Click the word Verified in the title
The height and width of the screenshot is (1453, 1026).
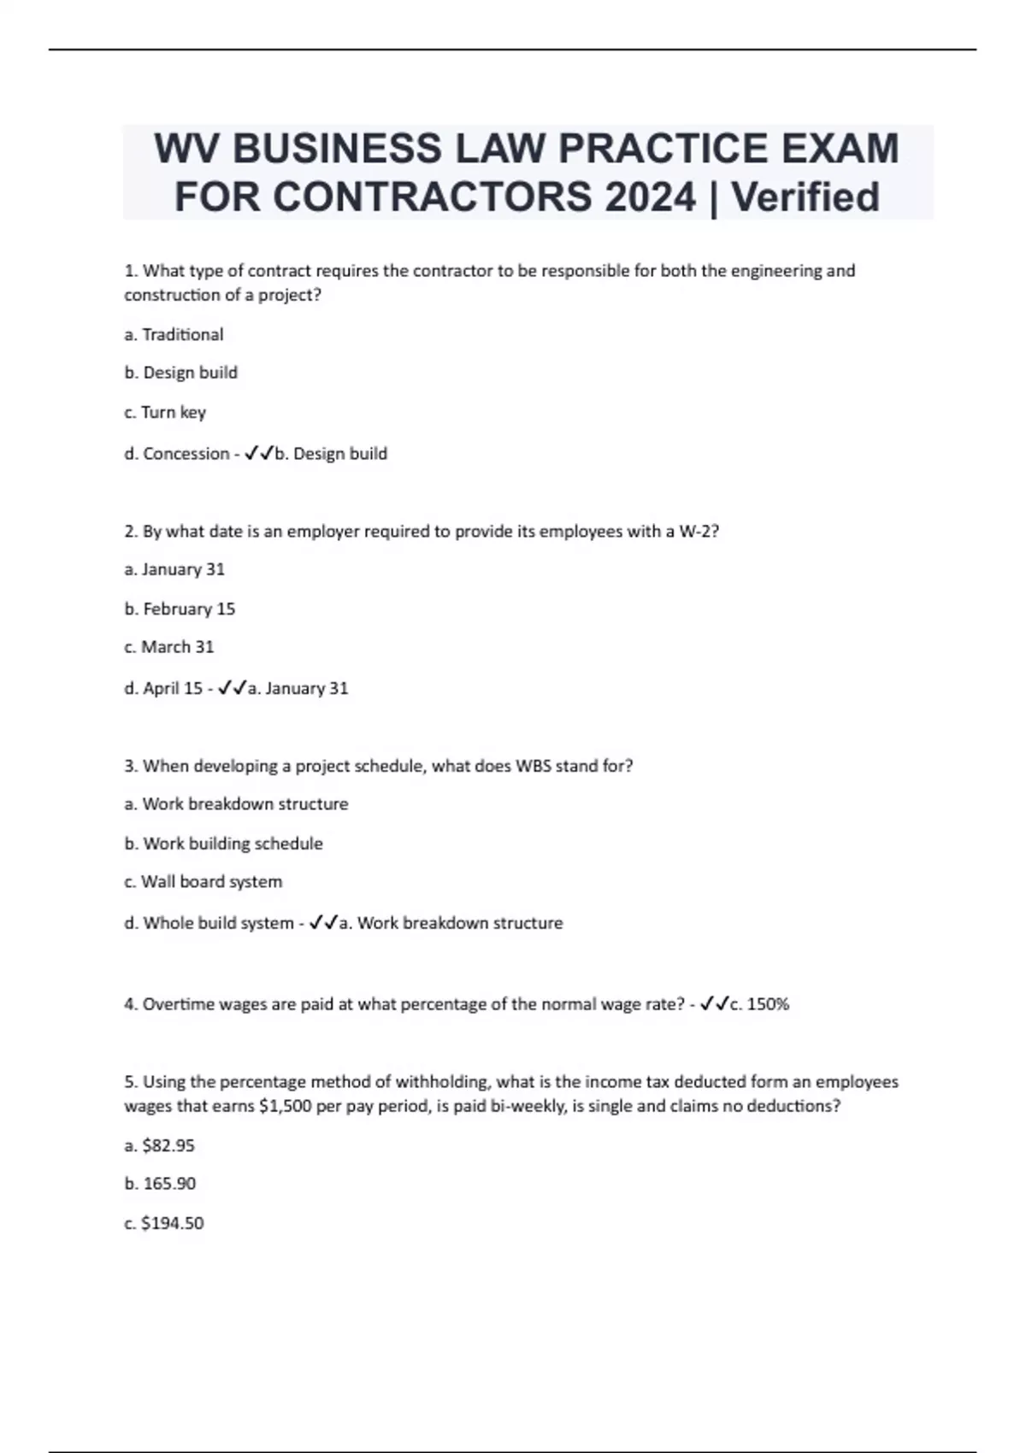tap(805, 197)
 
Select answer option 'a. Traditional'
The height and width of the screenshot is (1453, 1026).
tap(174, 334)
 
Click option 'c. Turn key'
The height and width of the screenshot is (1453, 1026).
tap(165, 412)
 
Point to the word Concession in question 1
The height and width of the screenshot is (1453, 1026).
tap(186, 454)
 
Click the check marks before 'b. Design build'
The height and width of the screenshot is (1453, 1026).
tap(258, 454)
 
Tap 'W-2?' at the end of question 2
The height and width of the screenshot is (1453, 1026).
tap(699, 532)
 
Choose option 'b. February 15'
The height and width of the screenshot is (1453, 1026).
tap(180, 609)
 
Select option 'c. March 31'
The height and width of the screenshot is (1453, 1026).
tap(168, 647)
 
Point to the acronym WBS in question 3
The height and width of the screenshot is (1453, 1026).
tap(533, 766)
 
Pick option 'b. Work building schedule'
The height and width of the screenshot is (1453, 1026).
tap(223, 844)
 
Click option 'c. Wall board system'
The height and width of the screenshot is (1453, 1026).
tap(203, 881)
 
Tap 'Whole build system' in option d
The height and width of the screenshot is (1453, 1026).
tap(218, 923)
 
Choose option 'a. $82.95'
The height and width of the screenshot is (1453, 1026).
tap(159, 1145)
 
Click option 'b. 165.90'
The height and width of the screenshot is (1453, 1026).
tap(160, 1184)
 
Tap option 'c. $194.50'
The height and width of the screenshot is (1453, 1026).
tap(163, 1223)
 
